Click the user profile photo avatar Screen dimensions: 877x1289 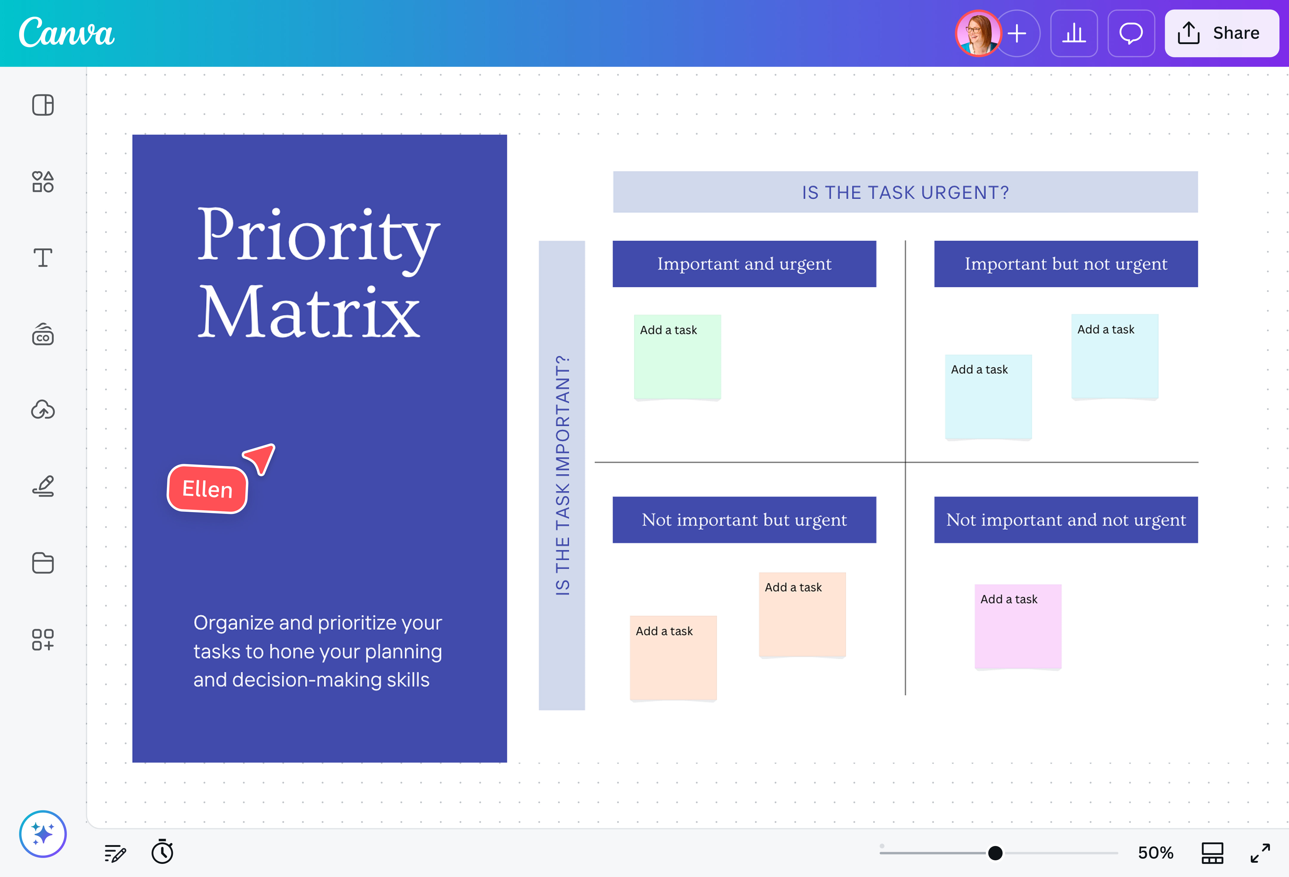pos(977,33)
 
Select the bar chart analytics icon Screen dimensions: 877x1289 pos(1074,33)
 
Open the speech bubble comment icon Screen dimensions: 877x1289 pos(1131,33)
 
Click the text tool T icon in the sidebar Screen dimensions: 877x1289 pos(43,258)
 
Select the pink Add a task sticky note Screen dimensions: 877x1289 pos(1018,626)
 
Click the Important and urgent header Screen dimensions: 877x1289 pos(744,264)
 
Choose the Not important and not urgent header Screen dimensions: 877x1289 pos(1065,520)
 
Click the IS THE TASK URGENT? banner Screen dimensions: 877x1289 pos(905,192)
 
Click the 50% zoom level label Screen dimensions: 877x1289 pos(1155,853)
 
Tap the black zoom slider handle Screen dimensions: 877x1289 pos(995,853)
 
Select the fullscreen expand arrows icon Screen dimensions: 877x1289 pos(1260,853)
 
